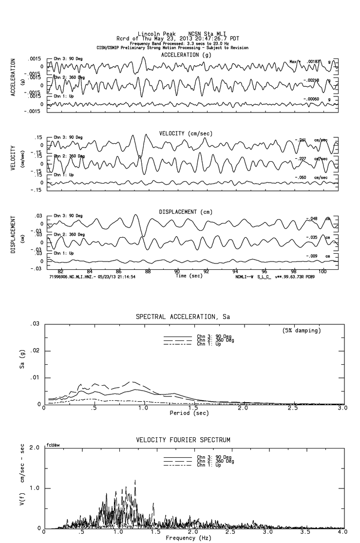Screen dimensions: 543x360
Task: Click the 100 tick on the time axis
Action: pyautogui.click(x=322, y=271)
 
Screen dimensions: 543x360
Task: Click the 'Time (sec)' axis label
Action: pyautogui.click(x=190, y=276)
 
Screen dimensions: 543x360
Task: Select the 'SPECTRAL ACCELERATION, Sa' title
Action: pyautogui.click(x=183, y=317)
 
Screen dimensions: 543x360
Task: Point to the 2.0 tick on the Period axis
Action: pyautogui.click(x=243, y=408)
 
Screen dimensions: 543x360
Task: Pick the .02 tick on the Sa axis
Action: pyautogui.click(x=35, y=351)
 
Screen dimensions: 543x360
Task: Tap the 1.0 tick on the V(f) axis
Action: pyautogui.click(x=35, y=488)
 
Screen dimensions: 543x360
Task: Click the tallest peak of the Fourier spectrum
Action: pyautogui.click(x=134, y=481)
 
